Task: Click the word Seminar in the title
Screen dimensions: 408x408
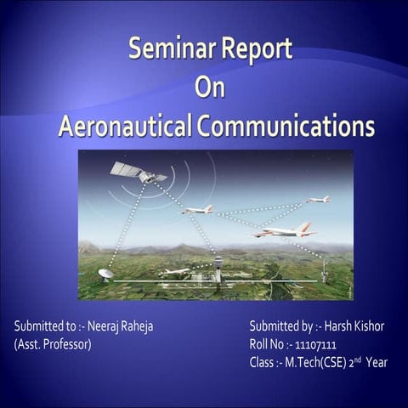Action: point(167,50)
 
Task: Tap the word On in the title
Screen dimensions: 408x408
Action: point(209,88)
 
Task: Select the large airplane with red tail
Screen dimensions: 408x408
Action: point(285,230)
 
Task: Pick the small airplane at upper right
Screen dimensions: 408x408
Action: point(319,200)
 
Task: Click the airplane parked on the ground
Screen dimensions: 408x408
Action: point(176,271)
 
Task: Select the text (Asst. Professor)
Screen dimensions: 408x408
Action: point(53,345)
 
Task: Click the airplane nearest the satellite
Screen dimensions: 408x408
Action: point(198,208)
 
